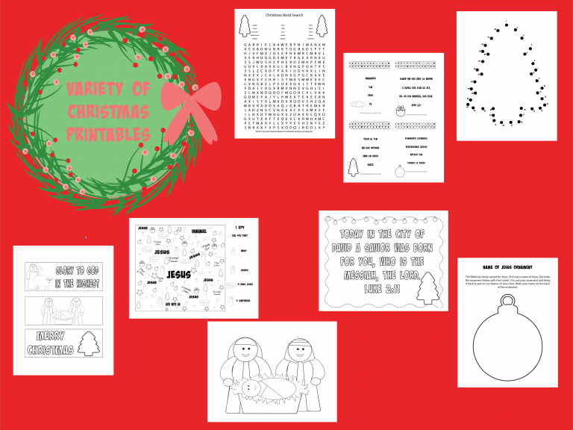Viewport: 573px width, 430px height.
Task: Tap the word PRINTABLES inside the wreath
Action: coord(108,134)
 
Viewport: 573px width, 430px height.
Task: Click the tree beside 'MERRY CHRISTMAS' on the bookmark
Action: coord(88,344)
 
